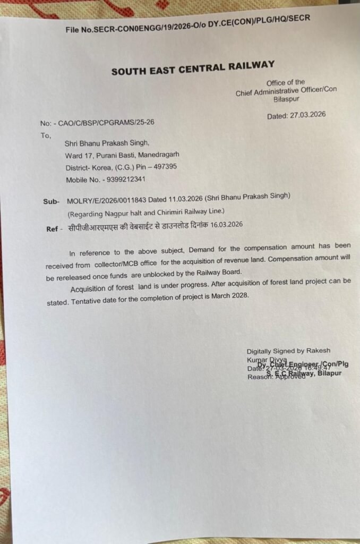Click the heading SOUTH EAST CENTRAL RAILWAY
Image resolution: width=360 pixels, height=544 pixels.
[x=193, y=68]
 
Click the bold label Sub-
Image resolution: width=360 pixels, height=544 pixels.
[x=50, y=202]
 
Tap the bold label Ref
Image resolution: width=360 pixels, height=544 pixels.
[x=53, y=229]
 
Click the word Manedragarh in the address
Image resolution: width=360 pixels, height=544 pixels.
[x=160, y=155]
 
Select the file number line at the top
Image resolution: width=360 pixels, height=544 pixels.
[x=187, y=24]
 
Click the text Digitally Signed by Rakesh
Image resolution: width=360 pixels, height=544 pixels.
[x=288, y=351]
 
